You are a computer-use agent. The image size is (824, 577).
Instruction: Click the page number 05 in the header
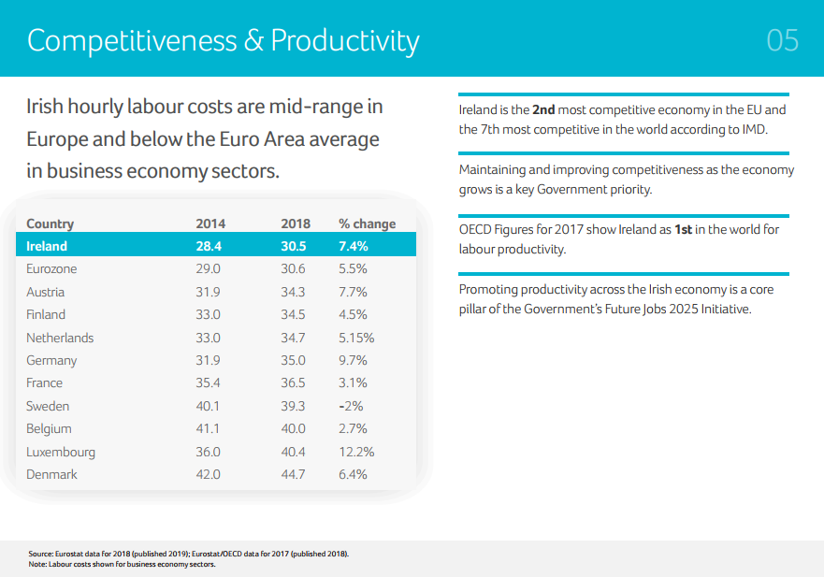point(782,40)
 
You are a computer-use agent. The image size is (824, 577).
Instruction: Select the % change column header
point(367,224)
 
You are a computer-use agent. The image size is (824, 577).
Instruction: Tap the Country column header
point(50,224)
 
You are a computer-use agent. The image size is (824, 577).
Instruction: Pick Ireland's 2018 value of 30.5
point(293,246)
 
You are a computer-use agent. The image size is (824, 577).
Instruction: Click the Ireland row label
point(47,246)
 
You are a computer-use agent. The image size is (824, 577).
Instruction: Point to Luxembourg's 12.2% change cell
point(356,452)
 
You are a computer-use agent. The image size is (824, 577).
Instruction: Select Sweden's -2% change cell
point(352,406)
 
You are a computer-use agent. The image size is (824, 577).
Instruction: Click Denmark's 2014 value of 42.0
point(208,474)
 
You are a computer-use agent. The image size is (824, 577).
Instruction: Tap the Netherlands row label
point(60,338)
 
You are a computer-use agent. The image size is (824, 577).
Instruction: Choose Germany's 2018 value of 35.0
point(293,360)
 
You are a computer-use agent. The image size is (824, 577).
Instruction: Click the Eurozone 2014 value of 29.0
point(208,268)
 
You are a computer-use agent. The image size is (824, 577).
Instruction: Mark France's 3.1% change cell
point(353,382)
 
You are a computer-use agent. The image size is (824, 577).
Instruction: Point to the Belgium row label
point(49,428)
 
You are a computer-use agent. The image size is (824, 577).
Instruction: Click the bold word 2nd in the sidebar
point(544,110)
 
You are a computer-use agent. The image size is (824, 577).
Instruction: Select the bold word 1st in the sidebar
point(683,230)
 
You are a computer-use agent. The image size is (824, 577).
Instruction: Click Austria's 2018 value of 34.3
point(293,292)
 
